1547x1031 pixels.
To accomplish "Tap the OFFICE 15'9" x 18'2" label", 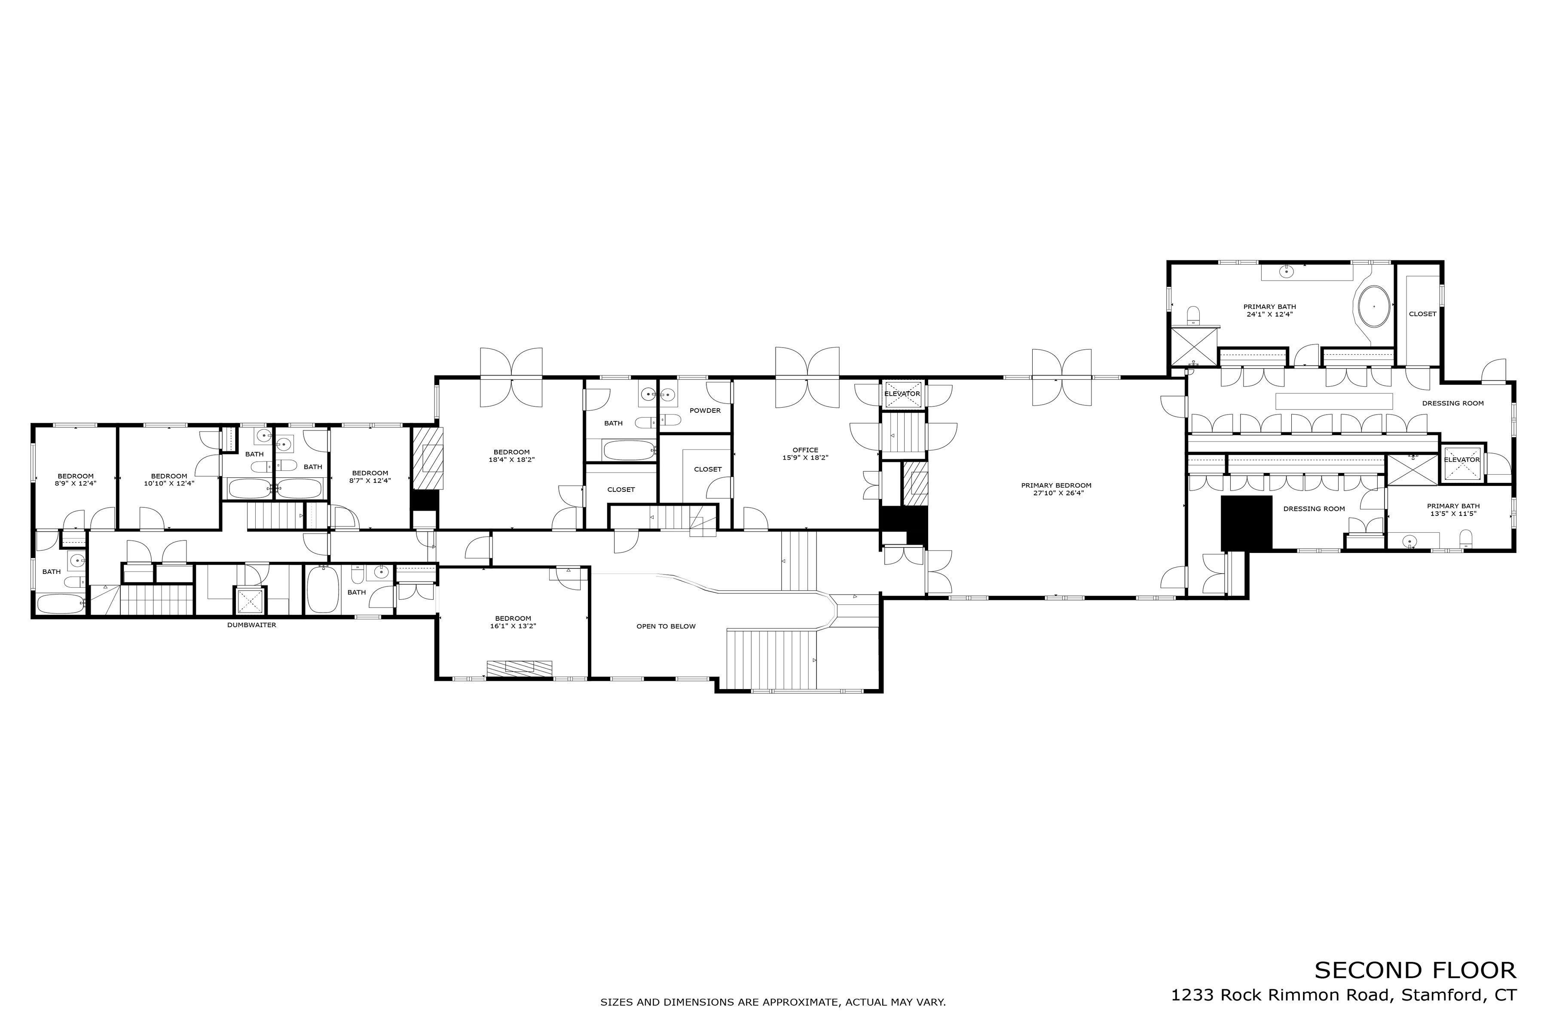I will (x=805, y=454).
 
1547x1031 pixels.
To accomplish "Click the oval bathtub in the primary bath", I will (x=1374, y=306).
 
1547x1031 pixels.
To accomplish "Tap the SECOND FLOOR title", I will (x=1415, y=970).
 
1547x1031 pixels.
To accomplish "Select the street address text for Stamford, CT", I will (x=1343, y=995).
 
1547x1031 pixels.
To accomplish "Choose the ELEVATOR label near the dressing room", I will (x=1461, y=460).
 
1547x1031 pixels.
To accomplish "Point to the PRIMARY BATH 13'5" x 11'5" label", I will (x=1453, y=509).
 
